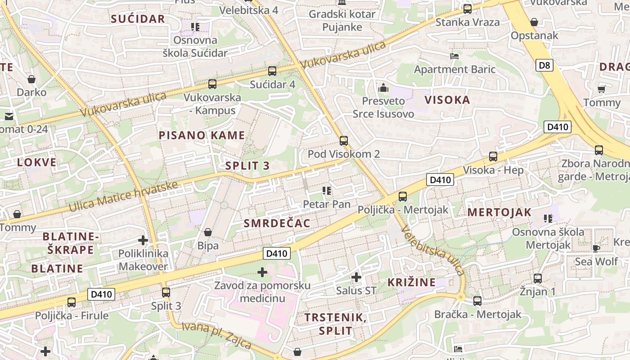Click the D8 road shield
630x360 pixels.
click(544, 66)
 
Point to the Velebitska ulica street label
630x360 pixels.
click(432, 251)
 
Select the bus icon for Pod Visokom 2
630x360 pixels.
click(344, 141)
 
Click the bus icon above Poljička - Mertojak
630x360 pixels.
click(403, 197)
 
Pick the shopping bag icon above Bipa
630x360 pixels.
click(208, 232)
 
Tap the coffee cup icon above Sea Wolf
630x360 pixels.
click(596, 248)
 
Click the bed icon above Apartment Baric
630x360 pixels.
click(454, 56)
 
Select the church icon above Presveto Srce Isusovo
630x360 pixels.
click(383, 88)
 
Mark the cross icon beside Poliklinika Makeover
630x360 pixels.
click(143, 240)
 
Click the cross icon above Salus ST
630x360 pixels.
click(356, 277)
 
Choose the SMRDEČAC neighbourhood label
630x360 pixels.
click(277, 223)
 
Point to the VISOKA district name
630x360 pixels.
click(447, 100)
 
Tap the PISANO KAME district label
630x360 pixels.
click(202, 135)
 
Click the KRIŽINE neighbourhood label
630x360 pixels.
click(411, 283)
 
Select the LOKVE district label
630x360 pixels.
click(37, 162)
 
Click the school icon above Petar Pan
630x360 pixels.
click(327, 191)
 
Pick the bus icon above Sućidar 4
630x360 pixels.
click(272, 71)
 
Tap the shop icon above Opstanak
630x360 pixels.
click(534, 22)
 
